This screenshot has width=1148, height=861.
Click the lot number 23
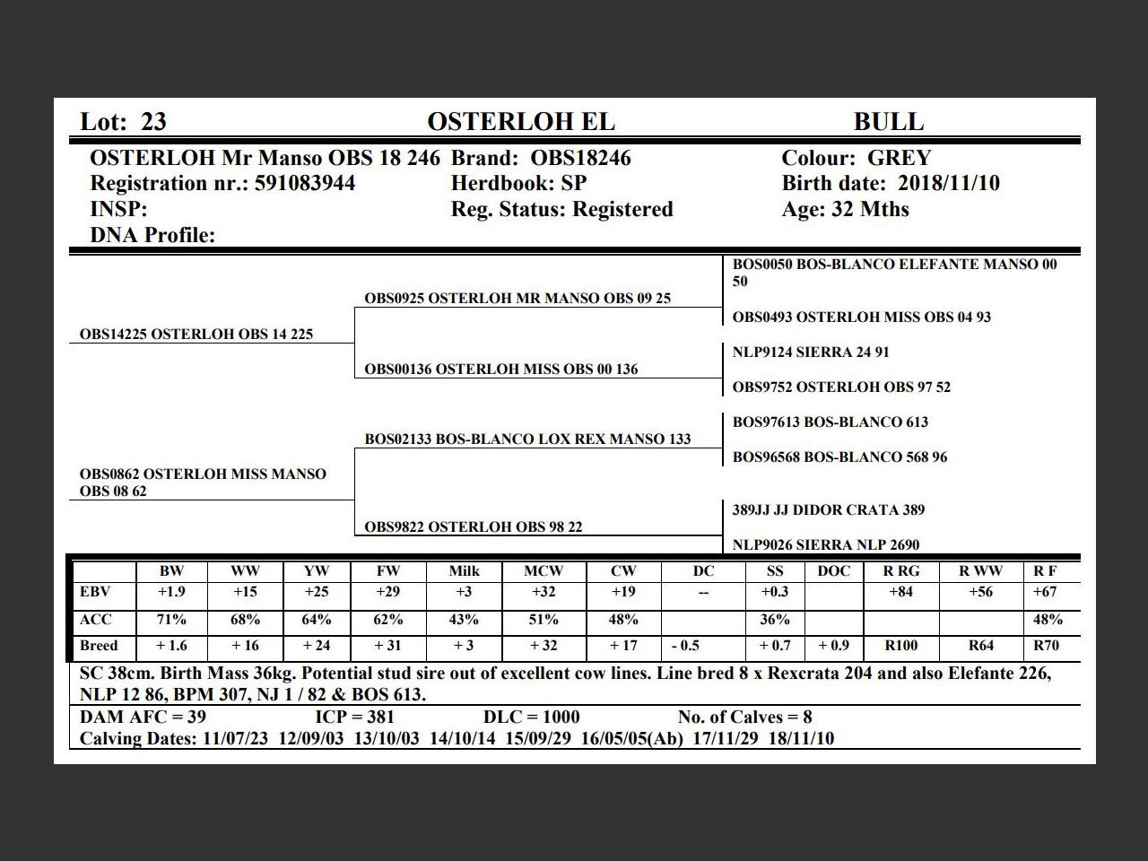pyautogui.click(x=153, y=122)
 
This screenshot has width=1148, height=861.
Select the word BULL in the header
pyautogui.click(x=888, y=122)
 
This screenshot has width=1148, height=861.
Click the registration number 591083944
pyautogui.click(x=305, y=184)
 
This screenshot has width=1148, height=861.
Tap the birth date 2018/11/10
pyautogui.click(x=949, y=184)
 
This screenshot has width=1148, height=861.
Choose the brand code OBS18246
pyautogui.click(x=580, y=159)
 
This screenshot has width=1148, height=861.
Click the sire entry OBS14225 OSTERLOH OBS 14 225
pyautogui.click(x=196, y=335)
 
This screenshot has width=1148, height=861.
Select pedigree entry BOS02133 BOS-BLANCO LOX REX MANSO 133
pyautogui.click(x=527, y=439)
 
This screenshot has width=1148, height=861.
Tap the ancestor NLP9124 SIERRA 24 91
pyautogui.click(x=811, y=352)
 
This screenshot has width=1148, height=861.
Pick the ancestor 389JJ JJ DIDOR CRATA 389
pyautogui.click(x=828, y=510)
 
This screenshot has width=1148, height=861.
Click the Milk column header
pyautogui.click(x=464, y=571)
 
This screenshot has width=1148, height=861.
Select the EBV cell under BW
pyautogui.click(x=171, y=592)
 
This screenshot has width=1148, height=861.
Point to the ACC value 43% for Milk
pyautogui.click(x=464, y=620)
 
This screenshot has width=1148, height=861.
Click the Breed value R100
pyautogui.click(x=900, y=646)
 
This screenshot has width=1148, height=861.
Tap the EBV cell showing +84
pyautogui.click(x=900, y=592)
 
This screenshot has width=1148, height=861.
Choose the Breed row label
pyautogui.click(x=99, y=646)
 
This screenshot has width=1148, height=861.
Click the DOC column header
pyautogui.click(x=834, y=571)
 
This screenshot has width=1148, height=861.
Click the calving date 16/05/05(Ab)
pyautogui.click(x=638, y=739)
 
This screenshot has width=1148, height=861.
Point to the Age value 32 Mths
pyautogui.click(x=868, y=210)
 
